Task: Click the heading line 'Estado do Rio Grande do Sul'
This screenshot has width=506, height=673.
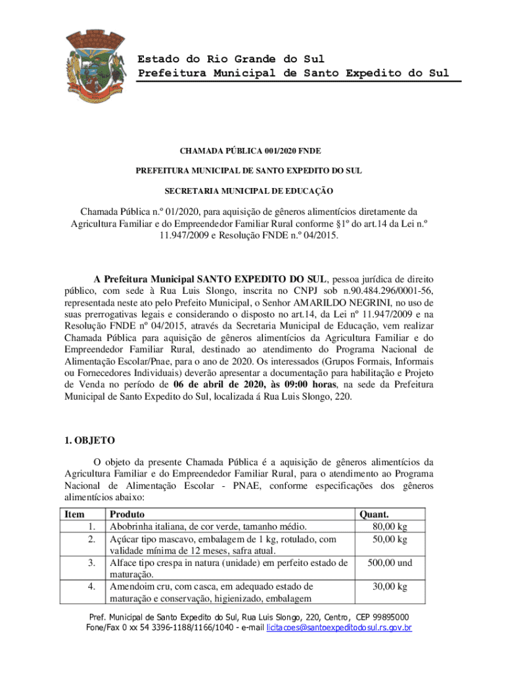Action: [231, 60]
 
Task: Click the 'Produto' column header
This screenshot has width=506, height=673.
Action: [127, 515]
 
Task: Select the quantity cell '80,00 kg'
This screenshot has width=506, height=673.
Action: [390, 526]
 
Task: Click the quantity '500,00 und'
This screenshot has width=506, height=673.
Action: [390, 563]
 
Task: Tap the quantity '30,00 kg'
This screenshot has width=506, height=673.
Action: [390, 586]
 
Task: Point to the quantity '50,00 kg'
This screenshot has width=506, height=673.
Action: [390, 539]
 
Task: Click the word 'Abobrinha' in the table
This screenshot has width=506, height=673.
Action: [133, 526]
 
